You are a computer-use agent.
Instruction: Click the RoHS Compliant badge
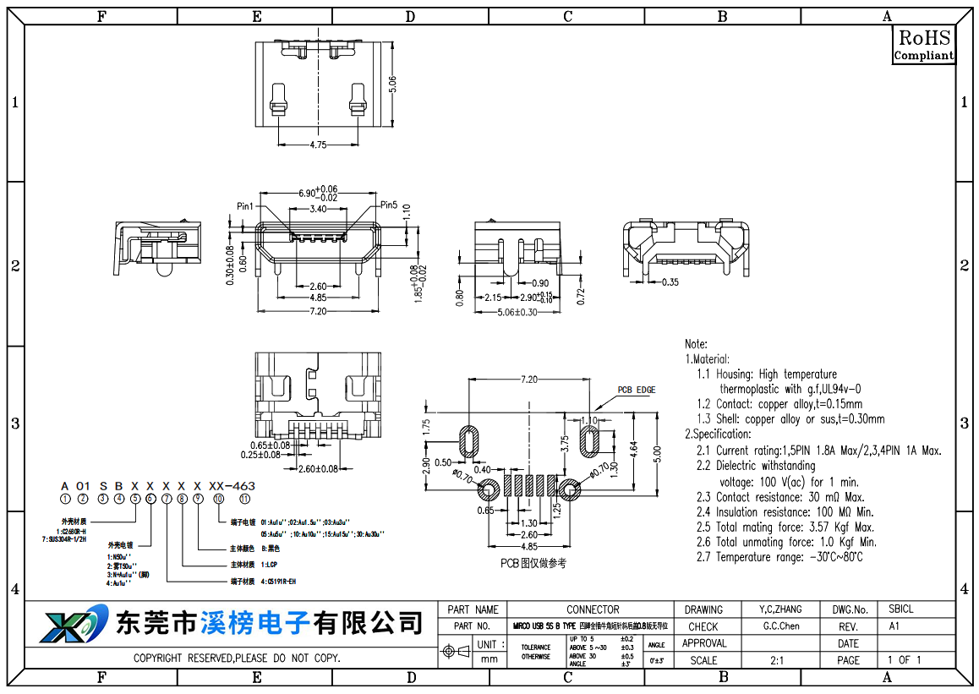(x=924, y=45)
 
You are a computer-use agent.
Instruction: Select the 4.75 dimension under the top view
(x=318, y=145)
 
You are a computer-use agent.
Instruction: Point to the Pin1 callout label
(x=245, y=206)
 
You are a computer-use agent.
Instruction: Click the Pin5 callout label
(x=388, y=205)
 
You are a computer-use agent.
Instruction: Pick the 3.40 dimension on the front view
(x=318, y=209)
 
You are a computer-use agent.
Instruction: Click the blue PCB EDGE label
(x=636, y=390)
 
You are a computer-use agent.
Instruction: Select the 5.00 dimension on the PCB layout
(x=657, y=455)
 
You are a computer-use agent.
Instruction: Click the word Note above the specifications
(x=696, y=344)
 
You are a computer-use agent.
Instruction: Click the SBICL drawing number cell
(x=900, y=609)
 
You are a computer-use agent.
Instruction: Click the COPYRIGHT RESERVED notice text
(x=237, y=658)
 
